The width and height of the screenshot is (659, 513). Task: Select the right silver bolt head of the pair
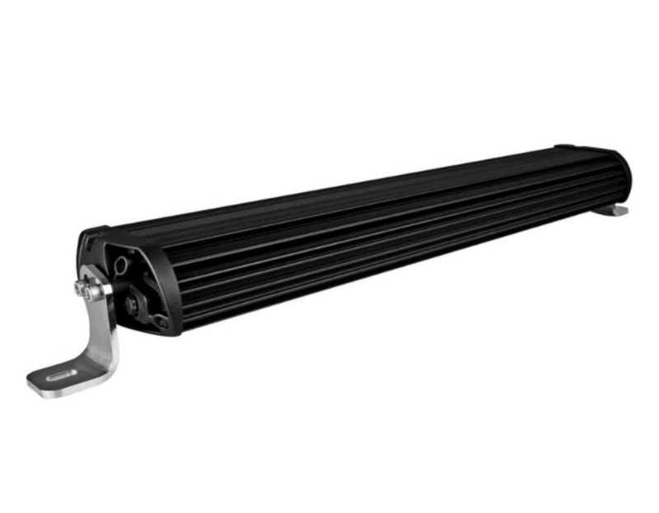97,291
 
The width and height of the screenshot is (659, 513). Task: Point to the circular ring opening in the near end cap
121,265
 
